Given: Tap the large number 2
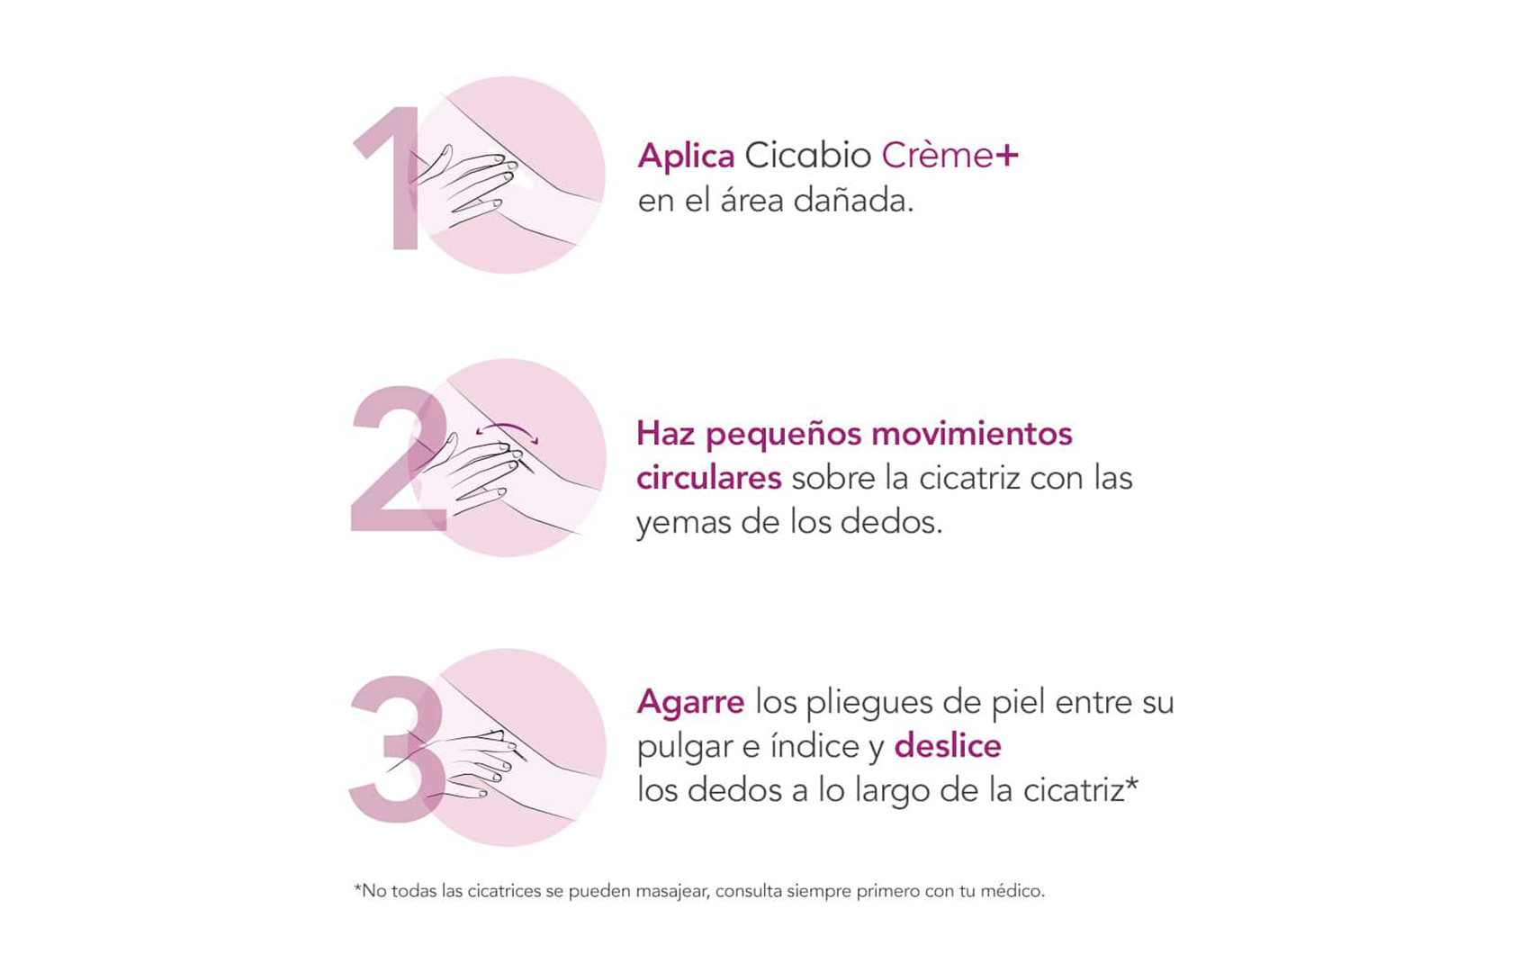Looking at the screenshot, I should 396,463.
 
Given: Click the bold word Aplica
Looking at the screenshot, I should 686,157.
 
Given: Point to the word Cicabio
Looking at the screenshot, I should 807,156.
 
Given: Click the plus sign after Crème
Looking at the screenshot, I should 1007,156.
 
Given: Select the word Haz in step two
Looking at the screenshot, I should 666,434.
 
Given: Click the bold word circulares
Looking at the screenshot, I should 708,478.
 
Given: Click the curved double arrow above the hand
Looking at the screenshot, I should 507,430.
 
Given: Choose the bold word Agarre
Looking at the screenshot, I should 690,702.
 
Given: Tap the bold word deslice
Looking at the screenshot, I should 947,746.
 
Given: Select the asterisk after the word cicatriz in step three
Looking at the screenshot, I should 1132,786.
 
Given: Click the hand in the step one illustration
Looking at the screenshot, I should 468,184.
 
